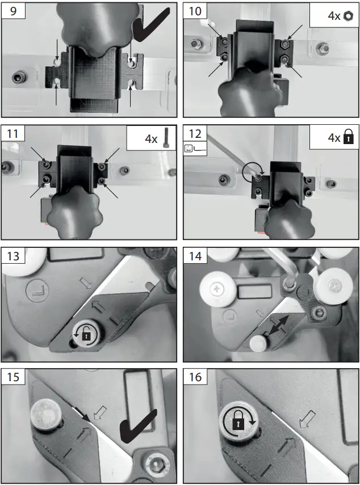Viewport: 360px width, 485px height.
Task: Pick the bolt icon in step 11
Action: (165, 137)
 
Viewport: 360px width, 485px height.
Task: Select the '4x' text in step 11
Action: (152, 138)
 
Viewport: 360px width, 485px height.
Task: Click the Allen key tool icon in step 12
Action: (196, 149)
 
